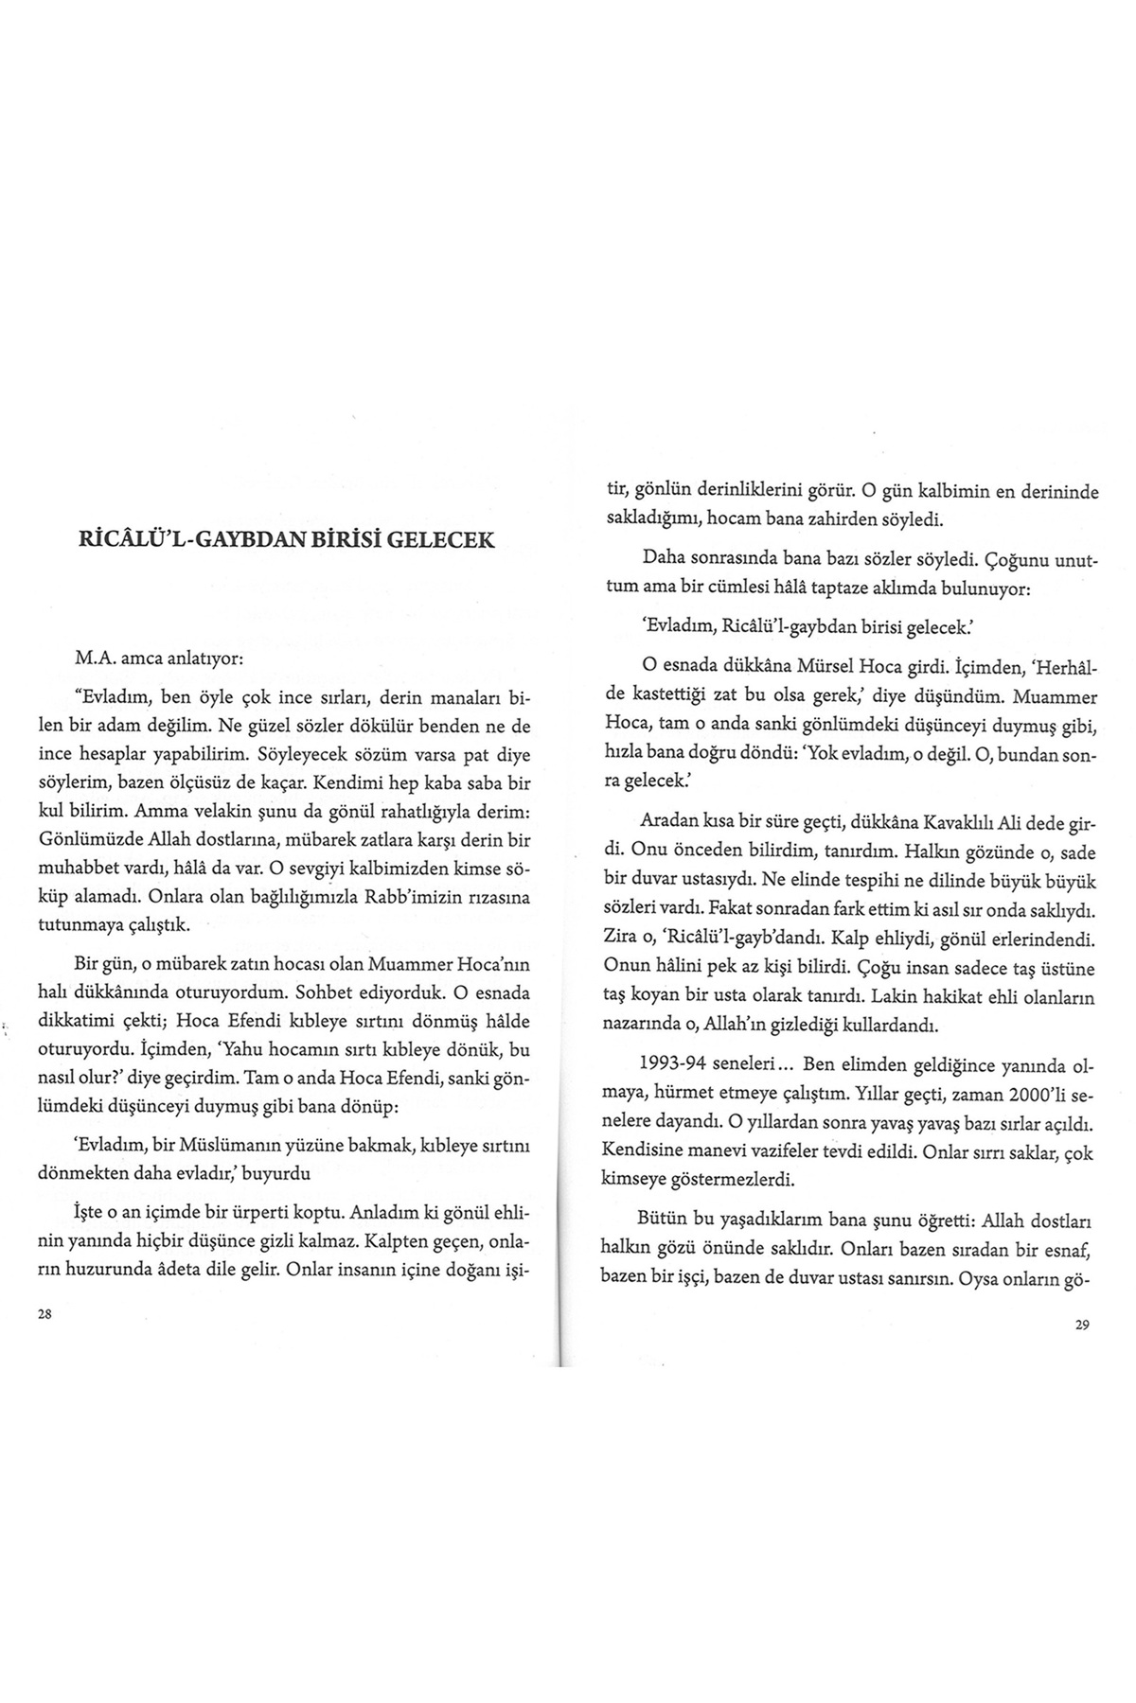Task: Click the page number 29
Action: tap(1083, 1326)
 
